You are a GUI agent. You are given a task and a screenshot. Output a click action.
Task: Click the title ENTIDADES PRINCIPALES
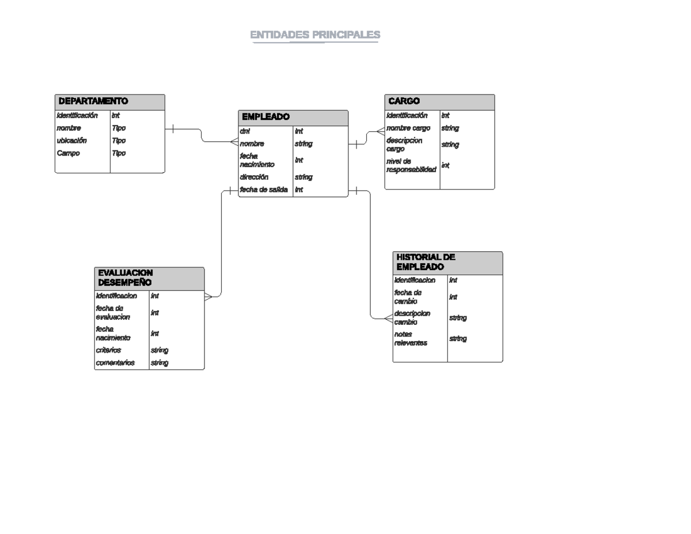(315, 36)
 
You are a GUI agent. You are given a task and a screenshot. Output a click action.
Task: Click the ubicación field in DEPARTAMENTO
(71, 141)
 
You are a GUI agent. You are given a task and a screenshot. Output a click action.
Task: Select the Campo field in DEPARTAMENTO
(68, 153)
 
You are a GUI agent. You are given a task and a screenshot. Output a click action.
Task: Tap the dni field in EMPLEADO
(245, 131)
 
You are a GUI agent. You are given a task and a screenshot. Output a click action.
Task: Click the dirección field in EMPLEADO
(254, 177)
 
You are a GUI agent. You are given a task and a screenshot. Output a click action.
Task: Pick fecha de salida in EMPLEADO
(263, 190)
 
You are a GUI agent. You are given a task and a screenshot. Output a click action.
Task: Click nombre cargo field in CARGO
(408, 128)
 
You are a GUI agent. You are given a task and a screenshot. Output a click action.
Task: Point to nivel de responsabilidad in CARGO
(411, 165)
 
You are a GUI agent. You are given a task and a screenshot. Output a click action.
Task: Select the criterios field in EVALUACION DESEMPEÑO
(109, 350)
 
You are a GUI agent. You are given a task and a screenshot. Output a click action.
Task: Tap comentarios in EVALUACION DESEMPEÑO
(115, 363)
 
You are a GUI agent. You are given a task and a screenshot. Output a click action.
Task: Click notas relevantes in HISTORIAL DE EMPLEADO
(410, 339)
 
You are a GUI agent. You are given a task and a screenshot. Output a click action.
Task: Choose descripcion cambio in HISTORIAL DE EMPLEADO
(412, 317)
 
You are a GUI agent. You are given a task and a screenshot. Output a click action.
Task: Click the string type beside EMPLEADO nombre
(303, 144)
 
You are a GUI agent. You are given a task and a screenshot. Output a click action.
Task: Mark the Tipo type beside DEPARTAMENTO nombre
(119, 128)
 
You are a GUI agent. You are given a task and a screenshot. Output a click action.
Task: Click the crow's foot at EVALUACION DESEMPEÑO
(208, 297)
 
